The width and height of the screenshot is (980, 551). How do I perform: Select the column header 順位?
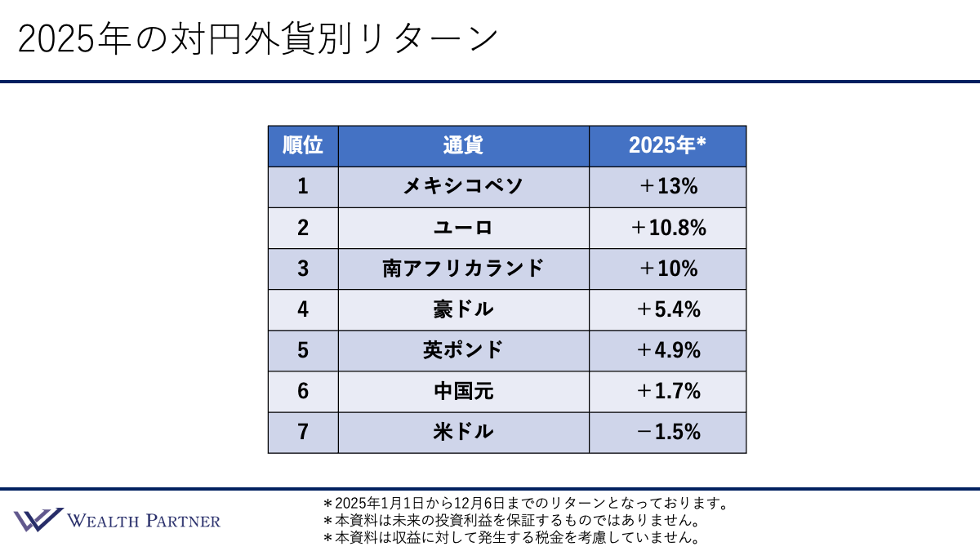[303, 146]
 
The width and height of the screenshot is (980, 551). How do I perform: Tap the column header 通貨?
[463, 146]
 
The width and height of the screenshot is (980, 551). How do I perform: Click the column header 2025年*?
[667, 146]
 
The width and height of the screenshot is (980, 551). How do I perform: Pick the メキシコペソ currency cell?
[463, 187]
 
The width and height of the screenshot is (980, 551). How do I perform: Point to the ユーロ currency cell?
[463, 228]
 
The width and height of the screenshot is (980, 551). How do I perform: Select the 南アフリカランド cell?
[463, 269]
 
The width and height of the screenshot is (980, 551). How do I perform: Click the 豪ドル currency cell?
[463, 309]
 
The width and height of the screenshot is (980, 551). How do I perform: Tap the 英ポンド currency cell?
[463, 350]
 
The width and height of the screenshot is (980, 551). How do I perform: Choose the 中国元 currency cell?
[463, 391]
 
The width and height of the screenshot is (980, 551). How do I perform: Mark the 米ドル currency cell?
[463, 432]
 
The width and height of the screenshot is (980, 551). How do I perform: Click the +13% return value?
[667, 187]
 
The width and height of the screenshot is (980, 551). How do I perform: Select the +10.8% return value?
[667, 228]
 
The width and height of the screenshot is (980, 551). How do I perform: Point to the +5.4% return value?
[667, 309]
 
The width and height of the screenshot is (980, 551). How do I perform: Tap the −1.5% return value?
[667, 432]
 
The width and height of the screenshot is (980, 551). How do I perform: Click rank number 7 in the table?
[303, 432]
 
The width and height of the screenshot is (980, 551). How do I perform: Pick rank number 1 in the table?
[303, 187]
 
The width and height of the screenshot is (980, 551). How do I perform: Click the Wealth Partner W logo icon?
[38, 520]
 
